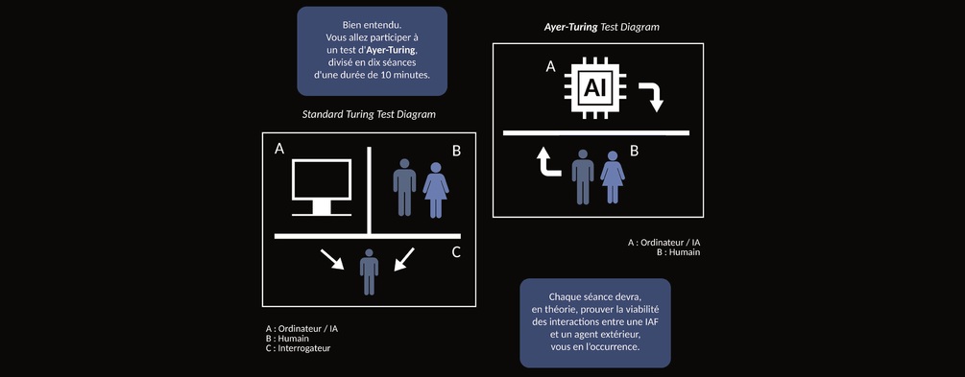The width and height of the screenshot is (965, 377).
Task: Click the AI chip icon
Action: click(x=595, y=88)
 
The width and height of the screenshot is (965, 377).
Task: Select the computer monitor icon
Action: click(x=322, y=188)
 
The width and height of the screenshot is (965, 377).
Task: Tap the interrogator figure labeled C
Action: click(x=369, y=271)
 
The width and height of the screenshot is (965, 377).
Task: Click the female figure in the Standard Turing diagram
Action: click(x=436, y=190)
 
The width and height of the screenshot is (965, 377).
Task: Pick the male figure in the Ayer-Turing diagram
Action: click(x=583, y=177)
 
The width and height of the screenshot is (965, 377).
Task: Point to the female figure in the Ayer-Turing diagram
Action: click(x=613, y=177)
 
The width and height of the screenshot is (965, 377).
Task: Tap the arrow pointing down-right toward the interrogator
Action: click(x=331, y=259)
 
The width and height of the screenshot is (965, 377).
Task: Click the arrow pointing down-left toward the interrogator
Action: click(x=404, y=259)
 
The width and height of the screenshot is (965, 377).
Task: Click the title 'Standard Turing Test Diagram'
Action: click(x=369, y=114)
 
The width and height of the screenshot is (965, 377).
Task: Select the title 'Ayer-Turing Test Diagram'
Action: click(x=601, y=27)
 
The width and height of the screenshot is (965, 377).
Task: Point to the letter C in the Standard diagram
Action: click(x=456, y=252)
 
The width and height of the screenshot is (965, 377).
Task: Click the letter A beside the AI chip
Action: click(x=551, y=67)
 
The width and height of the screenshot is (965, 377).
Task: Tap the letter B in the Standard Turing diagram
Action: click(x=457, y=152)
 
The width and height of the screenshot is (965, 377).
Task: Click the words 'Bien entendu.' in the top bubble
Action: click(x=372, y=25)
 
